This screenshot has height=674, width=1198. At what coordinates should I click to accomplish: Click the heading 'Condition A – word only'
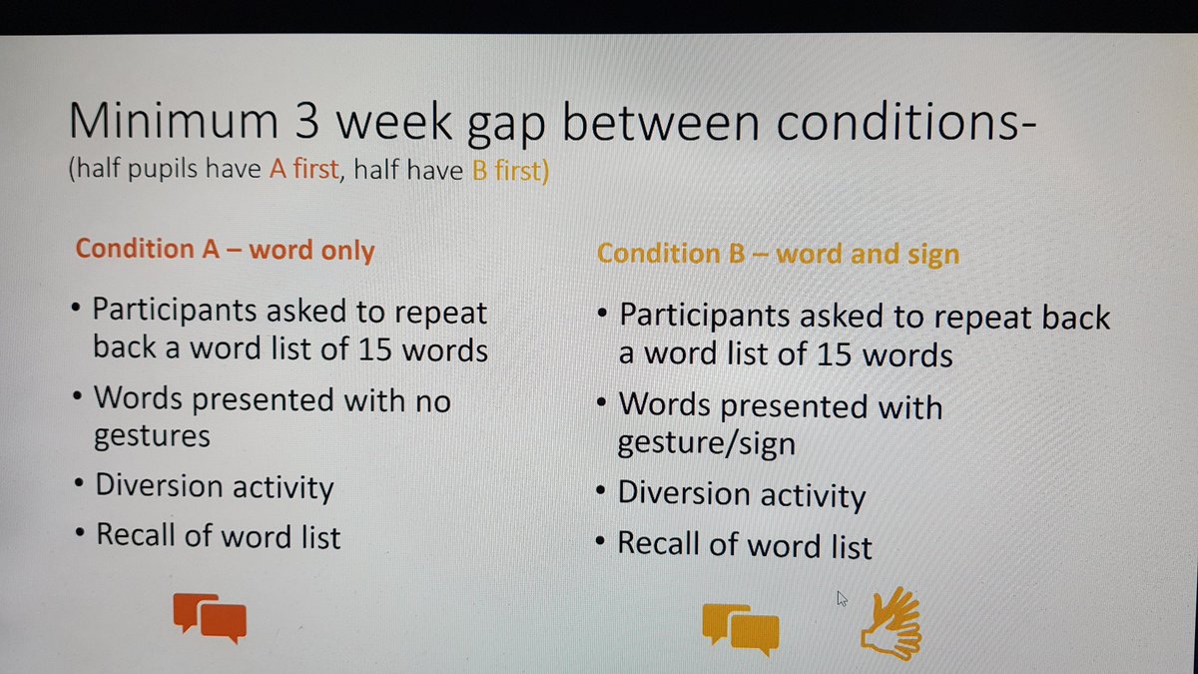pyautogui.click(x=225, y=250)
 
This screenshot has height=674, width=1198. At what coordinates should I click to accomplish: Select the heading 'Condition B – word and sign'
pyautogui.click(x=778, y=254)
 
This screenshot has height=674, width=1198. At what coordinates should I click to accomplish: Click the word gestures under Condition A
pyautogui.click(x=152, y=435)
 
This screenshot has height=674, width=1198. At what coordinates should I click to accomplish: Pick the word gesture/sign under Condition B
pyautogui.click(x=707, y=442)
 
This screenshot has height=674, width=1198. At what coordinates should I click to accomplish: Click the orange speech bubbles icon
pyautogui.click(x=210, y=616)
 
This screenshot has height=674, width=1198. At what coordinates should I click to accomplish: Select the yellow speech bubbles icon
pyautogui.click(x=740, y=627)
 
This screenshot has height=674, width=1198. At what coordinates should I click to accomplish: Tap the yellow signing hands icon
pyautogui.click(x=892, y=624)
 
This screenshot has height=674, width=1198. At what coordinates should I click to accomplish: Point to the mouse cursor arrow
pyautogui.click(x=842, y=598)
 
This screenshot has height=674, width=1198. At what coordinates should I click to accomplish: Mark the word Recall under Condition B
pyautogui.click(x=660, y=545)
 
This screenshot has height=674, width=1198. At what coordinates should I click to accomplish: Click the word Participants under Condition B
pyautogui.click(x=715, y=319)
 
